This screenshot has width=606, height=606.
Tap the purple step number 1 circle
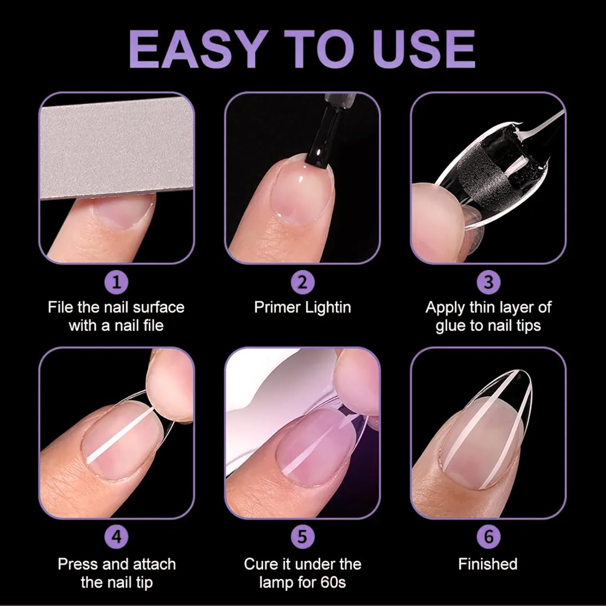116,282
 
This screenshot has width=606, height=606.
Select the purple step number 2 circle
303,282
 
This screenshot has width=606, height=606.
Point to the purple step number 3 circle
488,282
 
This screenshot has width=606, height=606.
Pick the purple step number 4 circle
116,537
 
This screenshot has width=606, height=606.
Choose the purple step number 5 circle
303,537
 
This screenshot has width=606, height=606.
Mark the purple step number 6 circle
488,537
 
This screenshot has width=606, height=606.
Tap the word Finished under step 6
488,564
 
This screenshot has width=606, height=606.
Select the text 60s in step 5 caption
334,583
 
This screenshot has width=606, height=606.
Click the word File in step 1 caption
61,307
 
